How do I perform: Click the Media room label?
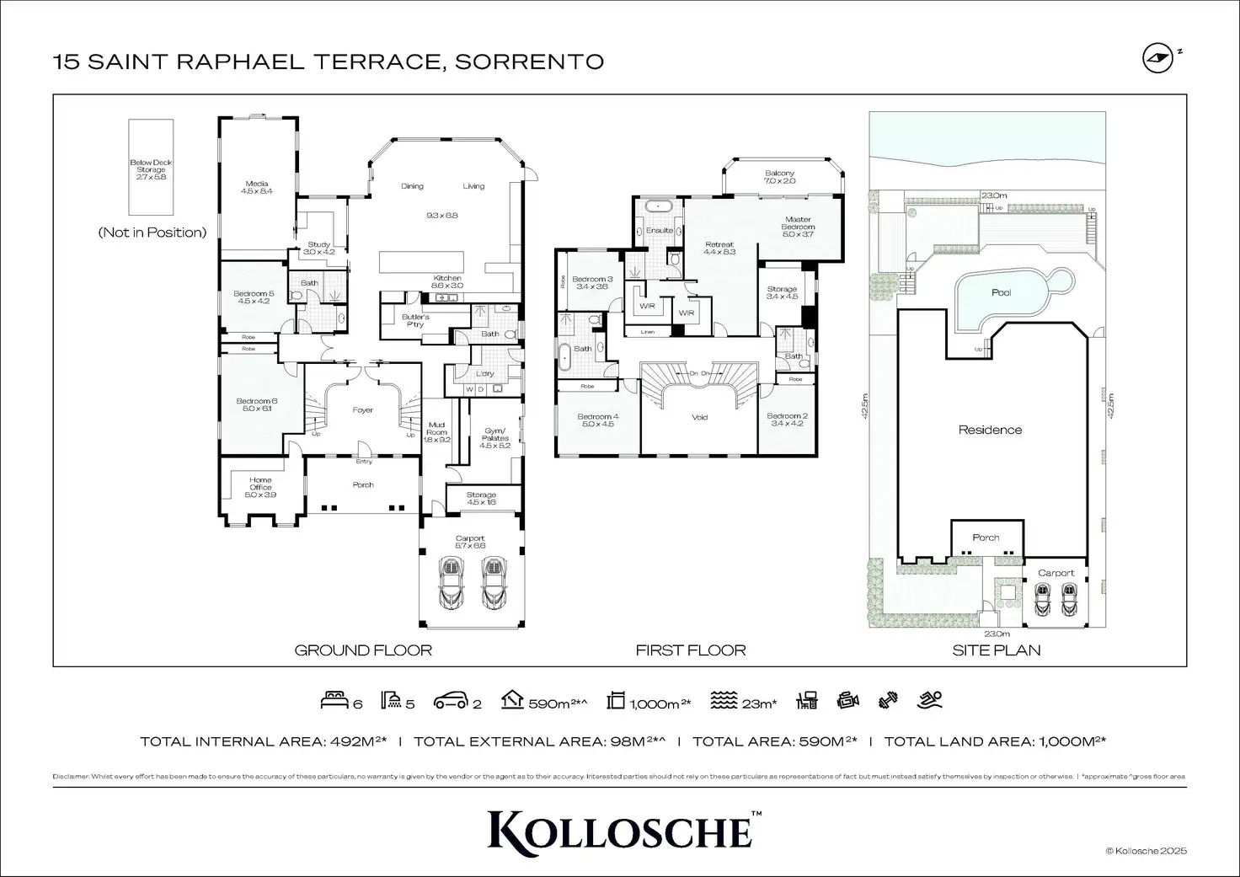[x=256, y=187]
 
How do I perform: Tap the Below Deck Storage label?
[x=151, y=169]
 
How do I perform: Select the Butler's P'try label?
[x=415, y=320]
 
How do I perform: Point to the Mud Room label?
[x=436, y=431]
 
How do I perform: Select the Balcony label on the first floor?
[x=779, y=177]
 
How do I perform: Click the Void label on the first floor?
[x=699, y=417]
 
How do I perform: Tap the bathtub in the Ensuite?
[x=655, y=206]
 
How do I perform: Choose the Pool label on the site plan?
[x=1001, y=292]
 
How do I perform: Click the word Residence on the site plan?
[x=990, y=430]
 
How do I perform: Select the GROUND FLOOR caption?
[x=363, y=650]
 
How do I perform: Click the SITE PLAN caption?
[x=996, y=650]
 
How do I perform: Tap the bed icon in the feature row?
[x=334, y=700]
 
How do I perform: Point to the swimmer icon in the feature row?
[x=930, y=699]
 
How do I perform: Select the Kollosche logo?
[x=619, y=830]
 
